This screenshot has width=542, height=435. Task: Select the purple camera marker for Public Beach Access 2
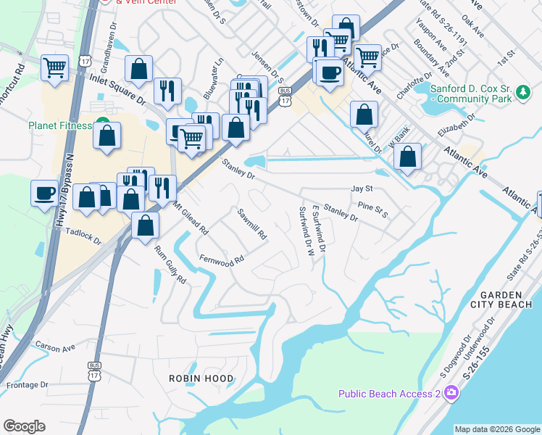[x=452, y=393]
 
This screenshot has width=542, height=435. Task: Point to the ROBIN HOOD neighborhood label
[x=201, y=378]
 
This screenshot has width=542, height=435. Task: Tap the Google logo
[x=25, y=426]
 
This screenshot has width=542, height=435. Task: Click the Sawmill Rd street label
[x=253, y=225]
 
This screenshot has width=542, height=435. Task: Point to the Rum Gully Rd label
[x=170, y=265]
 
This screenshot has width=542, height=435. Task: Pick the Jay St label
[x=361, y=188]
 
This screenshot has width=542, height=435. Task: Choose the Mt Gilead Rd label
[x=191, y=218]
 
